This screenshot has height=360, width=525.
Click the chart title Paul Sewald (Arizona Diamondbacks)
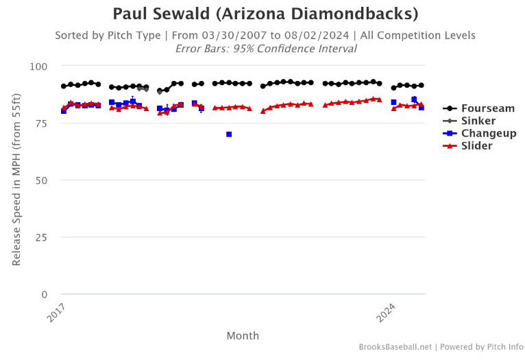pos(265,14)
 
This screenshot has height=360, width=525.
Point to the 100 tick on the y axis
pos(38,67)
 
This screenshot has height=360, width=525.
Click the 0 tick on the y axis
pos(44,295)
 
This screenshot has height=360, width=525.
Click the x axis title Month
pos(243,335)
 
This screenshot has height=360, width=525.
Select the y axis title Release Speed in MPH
pos(16,180)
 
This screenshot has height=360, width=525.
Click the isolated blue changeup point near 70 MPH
pos(229,134)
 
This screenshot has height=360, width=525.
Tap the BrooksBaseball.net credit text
pos(395,347)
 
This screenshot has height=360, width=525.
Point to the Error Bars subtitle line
pos(265,49)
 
